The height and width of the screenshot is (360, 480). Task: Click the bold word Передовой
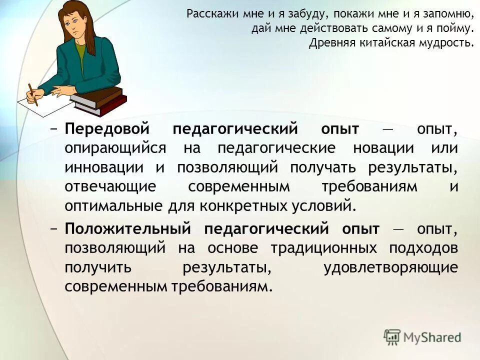pyautogui.click(x=107, y=129)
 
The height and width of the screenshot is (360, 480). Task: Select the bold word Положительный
pyautogui.click(x=128, y=228)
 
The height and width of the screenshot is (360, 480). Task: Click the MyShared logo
pyautogui.click(x=422, y=336)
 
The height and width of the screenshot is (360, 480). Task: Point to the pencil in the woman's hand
pyautogui.click(x=32, y=93)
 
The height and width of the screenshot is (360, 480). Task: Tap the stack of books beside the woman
pyautogui.click(x=99, y=99)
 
